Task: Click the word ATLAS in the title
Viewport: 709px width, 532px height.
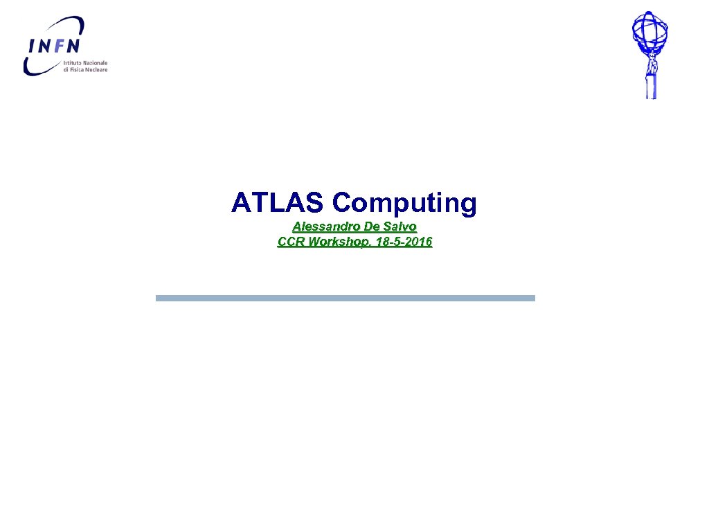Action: pos(277,203)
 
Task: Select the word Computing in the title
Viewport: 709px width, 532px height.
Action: pos(404,204)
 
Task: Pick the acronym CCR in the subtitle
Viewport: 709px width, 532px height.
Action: pos(291,242)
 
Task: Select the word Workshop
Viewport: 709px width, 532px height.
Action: pos(335,242)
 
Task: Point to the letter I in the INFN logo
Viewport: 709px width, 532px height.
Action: pos(30,46)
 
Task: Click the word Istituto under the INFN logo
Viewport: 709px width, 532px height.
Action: pos(73,62)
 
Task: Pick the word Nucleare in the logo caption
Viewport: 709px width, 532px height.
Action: pos(97,69)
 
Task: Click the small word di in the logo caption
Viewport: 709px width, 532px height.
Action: pos(65,69)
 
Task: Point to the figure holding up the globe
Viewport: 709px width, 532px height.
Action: pos(651,73)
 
